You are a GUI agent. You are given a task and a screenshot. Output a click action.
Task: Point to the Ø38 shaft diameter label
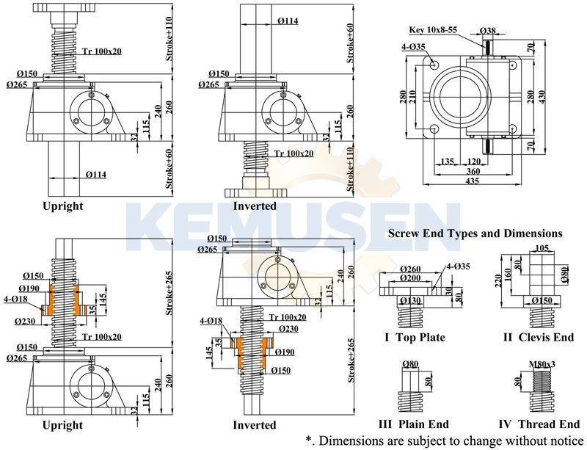click(486, 30)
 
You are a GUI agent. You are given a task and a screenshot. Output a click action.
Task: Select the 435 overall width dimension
click(473, 181)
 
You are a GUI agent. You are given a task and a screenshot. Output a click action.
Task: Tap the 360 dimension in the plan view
click(473, 171)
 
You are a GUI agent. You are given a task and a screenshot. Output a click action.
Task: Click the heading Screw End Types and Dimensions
click(475, 233)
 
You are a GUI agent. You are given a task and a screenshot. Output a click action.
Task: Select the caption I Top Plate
click(415, 338)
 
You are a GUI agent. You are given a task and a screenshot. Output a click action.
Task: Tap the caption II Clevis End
click(538, 338)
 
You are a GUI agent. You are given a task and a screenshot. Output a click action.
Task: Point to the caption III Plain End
click(413, 424)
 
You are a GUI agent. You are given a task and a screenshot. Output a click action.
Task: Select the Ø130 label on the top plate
click(411, 300)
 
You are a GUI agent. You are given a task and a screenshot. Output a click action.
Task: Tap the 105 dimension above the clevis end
click(542, 249)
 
